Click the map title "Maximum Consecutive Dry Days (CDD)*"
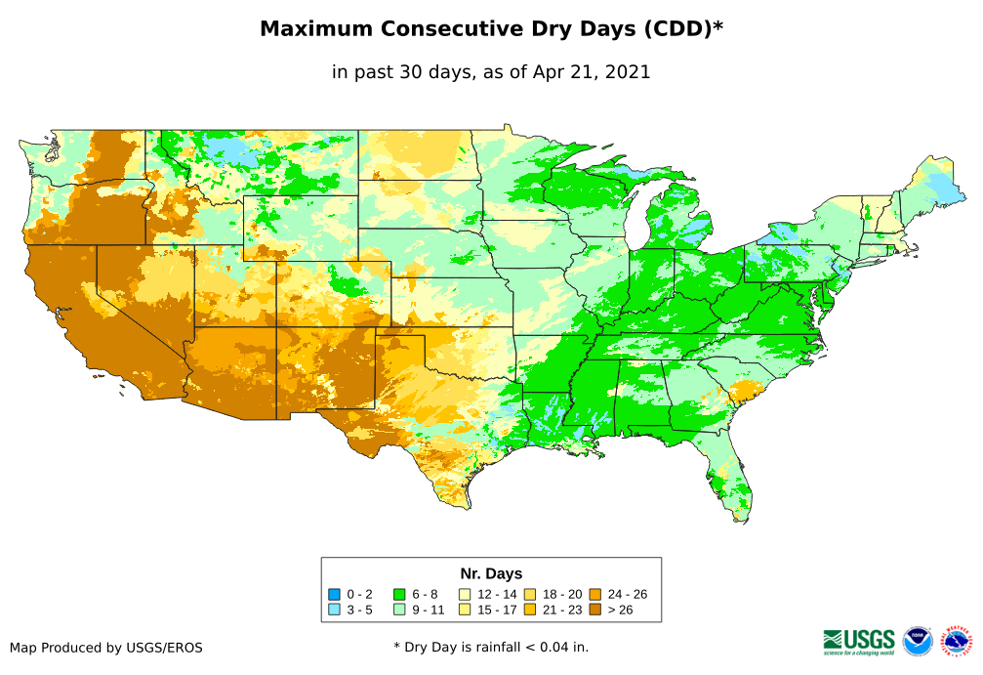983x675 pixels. pyautogui.click(x=491, y=29)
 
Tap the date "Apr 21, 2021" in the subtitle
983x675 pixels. pyautogui.click(x=592, y=72)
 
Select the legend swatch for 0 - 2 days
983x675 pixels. pyautogui.click(x=335, y=594)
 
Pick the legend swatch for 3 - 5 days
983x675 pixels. pyautogui.click(x=335, y=610)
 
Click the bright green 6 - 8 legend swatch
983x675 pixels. pyautogui.click(x=398, y=594)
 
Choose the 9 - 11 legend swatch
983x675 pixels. pyautogui.click(x=398, y=610)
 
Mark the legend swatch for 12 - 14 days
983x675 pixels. pyautogui.click(x=466, y=594)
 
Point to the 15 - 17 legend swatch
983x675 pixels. pyautogui.click(x=466, y=610)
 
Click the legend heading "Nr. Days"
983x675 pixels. pyautogui.click(x=491, y=573)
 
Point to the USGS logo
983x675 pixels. pyautogui.click(x=859, y=641)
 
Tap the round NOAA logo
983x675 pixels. pyautogui.click(x=918, y=641)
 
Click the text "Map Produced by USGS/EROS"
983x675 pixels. pyautogui.click(x=106, y=648)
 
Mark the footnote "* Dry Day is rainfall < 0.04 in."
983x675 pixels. pyautogui.click(x=491, y=647)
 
